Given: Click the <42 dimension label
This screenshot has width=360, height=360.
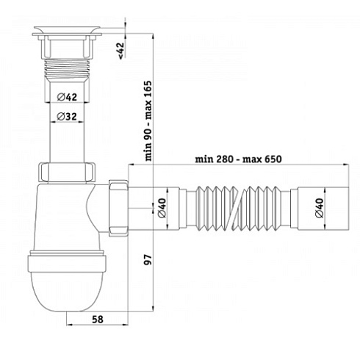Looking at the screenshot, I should tap(119, 50).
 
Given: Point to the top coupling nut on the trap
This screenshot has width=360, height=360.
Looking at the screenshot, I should tap(68, 173).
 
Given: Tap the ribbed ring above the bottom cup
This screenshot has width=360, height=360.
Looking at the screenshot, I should tap(68, 259).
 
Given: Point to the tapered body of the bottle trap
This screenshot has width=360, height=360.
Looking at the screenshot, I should tap(68, 220).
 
